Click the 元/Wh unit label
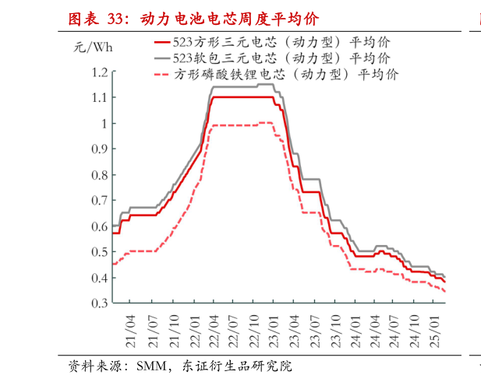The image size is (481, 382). coord(94,48)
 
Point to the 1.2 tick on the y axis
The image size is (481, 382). coord(98,72)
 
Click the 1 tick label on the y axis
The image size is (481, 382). coord(103,124)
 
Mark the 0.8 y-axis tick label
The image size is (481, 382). coord(98,175)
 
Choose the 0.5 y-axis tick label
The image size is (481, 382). coord(98,252)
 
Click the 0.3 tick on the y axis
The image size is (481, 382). coord(98,303)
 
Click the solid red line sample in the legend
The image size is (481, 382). coord(162,42)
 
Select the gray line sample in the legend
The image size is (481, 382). coord(162,58)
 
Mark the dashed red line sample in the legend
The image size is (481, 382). coord(162,75)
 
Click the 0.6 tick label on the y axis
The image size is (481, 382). coord(98,226)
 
